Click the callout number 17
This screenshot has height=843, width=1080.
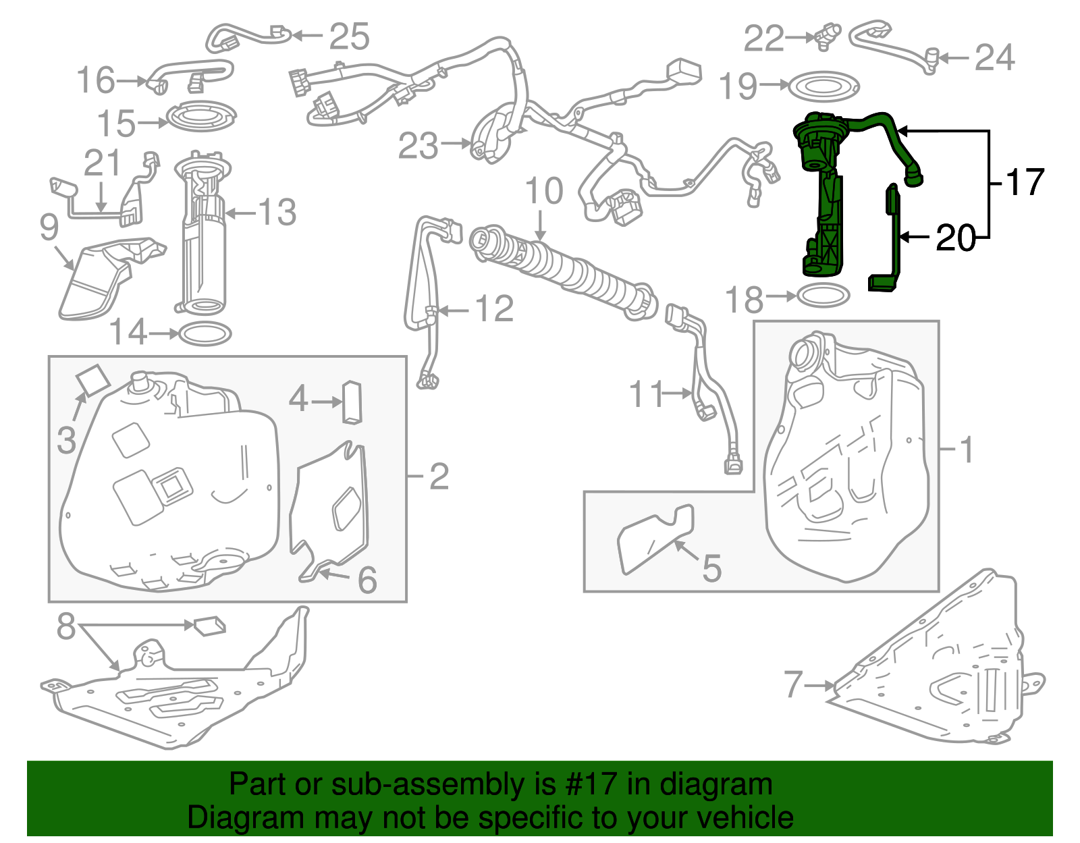[1025, 182]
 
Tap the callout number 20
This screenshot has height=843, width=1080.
[956, 238]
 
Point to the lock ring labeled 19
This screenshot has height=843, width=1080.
[824, 86]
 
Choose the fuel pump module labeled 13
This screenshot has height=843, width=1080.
[202, 236]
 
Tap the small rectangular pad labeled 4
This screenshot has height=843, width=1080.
[352, 402]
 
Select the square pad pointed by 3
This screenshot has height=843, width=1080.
[92, 379]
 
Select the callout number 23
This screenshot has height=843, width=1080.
[418, 146]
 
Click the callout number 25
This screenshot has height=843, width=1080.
[349, 36]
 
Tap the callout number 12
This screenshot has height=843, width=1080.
[494, 309]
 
